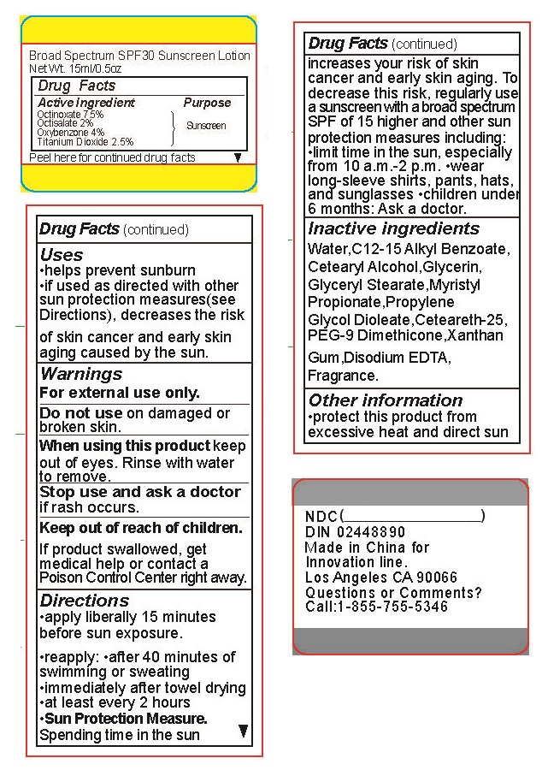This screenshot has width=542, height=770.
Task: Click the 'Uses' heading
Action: point(62,255)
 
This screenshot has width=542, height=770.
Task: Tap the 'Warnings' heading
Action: point(81,374)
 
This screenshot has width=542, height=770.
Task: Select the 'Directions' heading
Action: point(85,601)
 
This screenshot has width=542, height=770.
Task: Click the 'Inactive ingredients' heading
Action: point(393,228)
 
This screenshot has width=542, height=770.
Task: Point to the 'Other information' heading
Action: point(385,400)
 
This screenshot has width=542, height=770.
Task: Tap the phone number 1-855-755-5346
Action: point(392,607)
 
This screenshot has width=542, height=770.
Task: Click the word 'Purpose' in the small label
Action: point(207,103)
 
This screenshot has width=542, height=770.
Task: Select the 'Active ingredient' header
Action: point(86,103)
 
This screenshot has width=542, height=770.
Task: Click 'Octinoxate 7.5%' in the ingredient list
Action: point(70,114)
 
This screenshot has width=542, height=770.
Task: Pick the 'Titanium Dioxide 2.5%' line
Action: point(85,142)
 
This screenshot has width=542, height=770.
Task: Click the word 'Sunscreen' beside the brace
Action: point(206,126)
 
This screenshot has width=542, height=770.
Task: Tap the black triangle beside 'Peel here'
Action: point(238,157)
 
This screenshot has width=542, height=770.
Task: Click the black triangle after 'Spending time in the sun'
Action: point(243,731)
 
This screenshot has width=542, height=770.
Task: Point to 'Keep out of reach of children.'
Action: point(141,528)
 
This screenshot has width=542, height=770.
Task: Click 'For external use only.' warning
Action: point(120,394)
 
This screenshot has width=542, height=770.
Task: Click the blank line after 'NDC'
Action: point(412,517)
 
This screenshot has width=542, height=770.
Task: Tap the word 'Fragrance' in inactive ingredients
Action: point(342,376)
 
